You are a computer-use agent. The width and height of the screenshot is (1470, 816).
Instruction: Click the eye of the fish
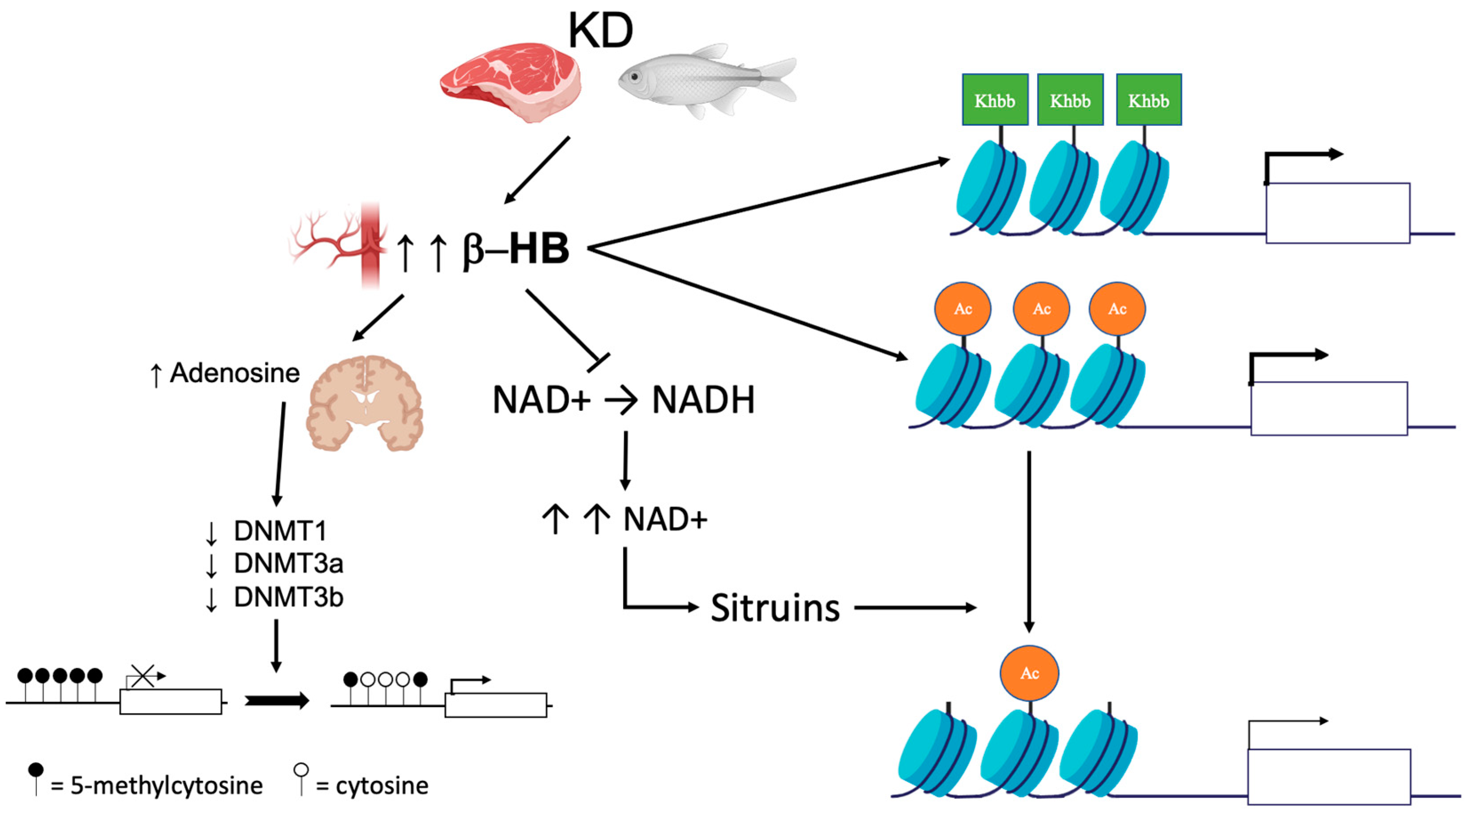634,76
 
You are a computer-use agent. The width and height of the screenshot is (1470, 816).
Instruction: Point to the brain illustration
365,403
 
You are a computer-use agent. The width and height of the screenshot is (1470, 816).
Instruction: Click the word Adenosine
235,373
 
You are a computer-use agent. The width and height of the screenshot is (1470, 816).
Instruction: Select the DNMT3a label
288,564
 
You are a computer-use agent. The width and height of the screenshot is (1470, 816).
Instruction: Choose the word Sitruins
775,608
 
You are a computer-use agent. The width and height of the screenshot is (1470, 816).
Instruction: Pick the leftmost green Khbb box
995,100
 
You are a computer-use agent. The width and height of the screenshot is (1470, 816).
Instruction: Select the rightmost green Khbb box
1148,100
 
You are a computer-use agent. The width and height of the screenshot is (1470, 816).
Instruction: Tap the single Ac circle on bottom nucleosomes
1029,673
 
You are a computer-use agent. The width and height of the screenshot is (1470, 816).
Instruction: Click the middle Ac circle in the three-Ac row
1041,309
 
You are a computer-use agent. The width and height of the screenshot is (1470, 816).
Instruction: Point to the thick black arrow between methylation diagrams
277,700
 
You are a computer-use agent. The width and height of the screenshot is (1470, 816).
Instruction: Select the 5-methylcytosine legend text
166,786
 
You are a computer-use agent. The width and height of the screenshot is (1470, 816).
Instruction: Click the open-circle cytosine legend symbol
301,770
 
